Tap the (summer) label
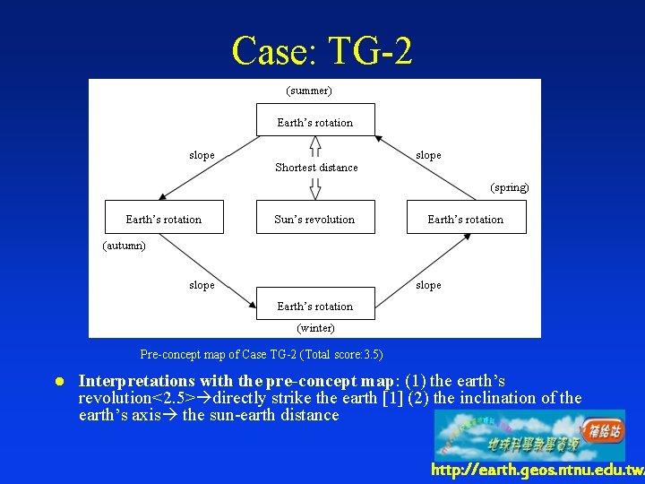tap(309, 91)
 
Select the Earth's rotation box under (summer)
tap(315, 122)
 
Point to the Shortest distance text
tap(316, 168)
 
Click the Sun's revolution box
tap(314, 220)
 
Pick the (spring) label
tap(509, 188)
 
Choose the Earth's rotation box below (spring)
tap(465, 220)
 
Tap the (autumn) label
tap(125, 245)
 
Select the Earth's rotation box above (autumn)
tap(164, 220)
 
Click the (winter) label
tap(315, 328)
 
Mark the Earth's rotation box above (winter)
tap(315, 307)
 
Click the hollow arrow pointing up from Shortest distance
tap(315, 146)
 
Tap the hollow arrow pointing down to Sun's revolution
tap(315, 188)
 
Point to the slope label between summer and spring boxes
tap(428, 155)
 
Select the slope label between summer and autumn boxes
tap(202, 155)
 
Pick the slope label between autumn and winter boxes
tap(202, 285)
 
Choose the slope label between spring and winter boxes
tap(428, 285)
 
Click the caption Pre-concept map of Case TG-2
tap(262, 354)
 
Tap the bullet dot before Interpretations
tap(61, 381)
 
